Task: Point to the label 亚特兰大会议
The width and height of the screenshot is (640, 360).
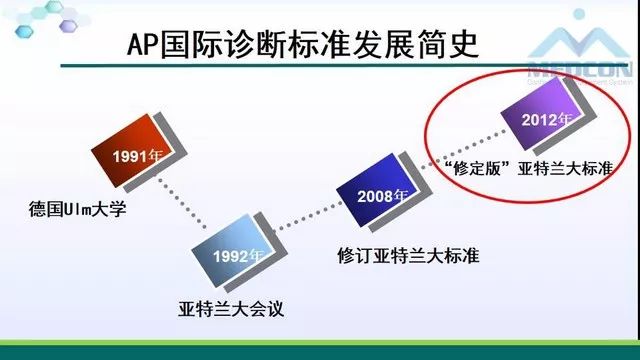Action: [237, 309]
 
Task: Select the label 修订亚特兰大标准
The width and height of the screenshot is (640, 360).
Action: [407, 255]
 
